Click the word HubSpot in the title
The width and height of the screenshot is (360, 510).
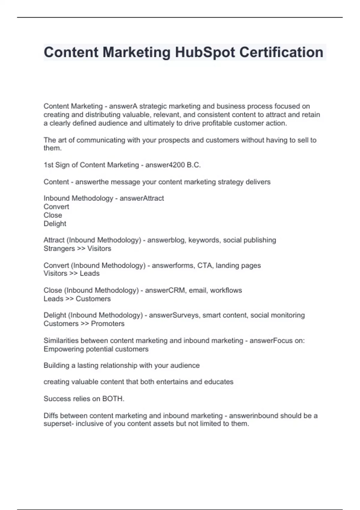coord(205,52)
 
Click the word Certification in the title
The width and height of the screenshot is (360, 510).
coord(281,52)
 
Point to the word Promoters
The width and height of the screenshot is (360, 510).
coord(107,324)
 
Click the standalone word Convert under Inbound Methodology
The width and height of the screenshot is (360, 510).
coord(56,207)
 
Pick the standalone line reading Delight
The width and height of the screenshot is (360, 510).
coord(55,223)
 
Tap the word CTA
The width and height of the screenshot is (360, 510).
coord(205,265)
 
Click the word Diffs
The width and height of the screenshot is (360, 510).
coord(51,416)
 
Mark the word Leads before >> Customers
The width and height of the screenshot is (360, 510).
coord(53,299)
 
